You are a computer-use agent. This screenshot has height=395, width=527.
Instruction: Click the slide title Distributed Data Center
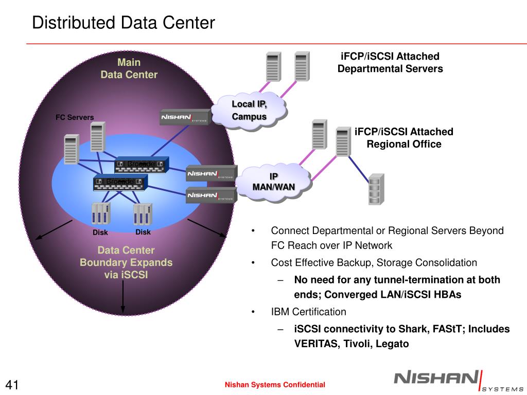point(123,23)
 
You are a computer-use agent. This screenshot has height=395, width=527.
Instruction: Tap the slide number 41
point(13,385)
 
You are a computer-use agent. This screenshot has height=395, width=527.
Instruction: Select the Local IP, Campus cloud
point(249,111)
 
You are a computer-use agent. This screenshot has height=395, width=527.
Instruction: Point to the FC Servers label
point(75,117)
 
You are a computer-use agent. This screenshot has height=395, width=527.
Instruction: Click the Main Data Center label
point(129,68)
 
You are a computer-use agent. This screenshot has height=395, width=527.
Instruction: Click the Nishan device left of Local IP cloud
point(185,117)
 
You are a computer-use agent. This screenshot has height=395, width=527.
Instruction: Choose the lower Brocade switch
point(120,183)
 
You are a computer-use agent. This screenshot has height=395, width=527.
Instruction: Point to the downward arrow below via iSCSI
point(123,298)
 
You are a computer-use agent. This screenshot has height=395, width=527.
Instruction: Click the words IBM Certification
point(309,312)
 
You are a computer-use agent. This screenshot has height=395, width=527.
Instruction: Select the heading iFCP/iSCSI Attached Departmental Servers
point(390,63)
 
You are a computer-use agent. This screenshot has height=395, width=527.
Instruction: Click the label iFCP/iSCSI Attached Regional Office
point(404,138)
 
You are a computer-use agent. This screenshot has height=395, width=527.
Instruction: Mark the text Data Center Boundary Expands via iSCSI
point(126,262)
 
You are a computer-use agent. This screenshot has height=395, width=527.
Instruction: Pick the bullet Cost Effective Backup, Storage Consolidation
point(374,263)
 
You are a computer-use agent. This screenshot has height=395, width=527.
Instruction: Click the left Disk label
point(100,232)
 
